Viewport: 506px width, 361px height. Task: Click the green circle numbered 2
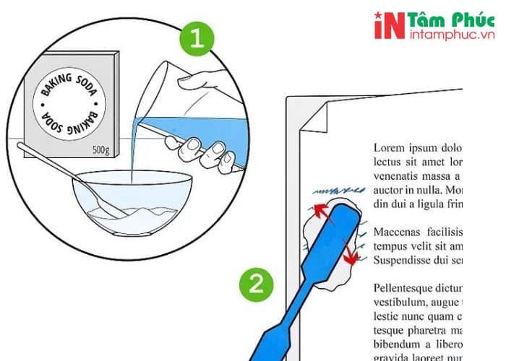point(255,285)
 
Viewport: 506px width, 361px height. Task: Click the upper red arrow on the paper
point(317,212)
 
